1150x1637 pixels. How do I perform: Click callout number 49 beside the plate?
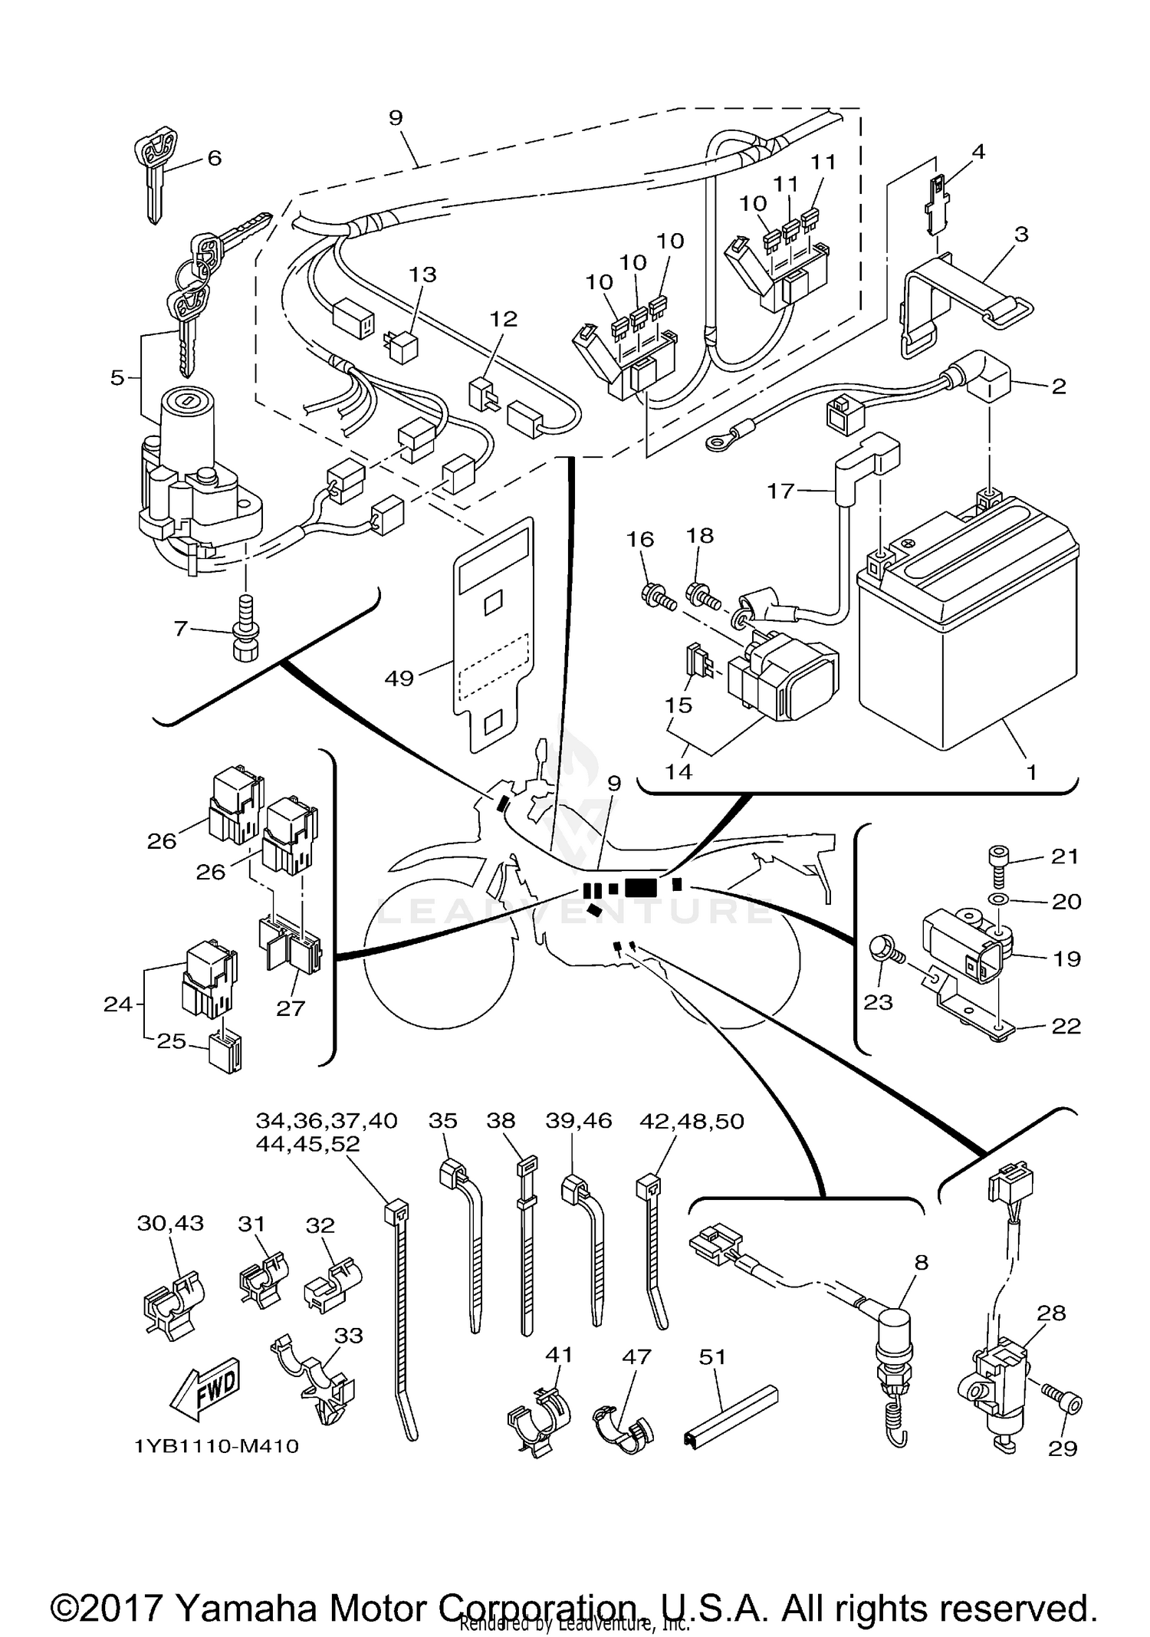tap(399, 678)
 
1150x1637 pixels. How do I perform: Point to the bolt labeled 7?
tap(245, 629)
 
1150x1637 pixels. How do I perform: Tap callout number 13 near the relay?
tap(422, 274)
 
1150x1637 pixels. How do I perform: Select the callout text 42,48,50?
tap(692, 1121)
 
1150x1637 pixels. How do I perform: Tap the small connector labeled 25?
tap(225, 1053)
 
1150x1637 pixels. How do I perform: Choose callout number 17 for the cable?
tap(780, 491)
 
